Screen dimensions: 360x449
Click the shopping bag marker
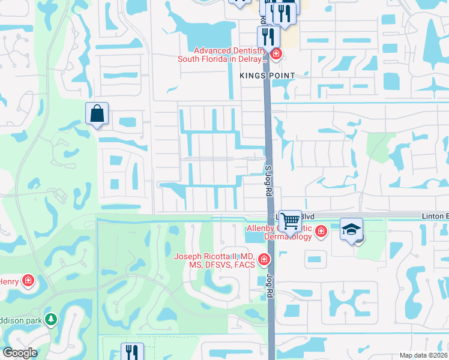[97, 113]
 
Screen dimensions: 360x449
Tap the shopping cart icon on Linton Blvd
[291, 221]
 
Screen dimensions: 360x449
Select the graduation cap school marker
[351, 229]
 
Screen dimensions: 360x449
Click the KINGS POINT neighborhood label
[267, 76]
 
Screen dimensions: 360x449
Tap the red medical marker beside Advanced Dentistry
[276, 55]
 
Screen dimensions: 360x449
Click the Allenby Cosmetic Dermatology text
[280, 232]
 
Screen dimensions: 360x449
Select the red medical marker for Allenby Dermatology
[321, 231]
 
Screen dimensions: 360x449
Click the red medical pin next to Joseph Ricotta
[263, 259]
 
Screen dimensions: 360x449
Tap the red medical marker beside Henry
[28, 280]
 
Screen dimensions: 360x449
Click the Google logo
[19, 353]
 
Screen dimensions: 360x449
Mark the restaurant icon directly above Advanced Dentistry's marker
[267, 37]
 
